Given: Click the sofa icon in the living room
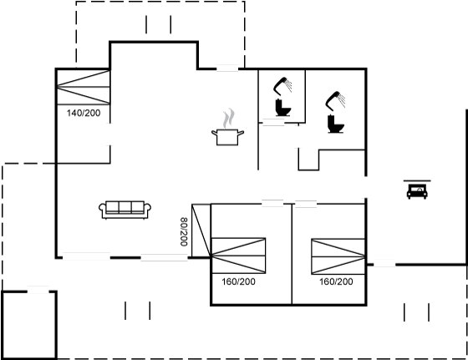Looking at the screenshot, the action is (125, 210).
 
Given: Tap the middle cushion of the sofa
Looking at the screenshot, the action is (125, 206).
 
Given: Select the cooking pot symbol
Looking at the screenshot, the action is (227, 137).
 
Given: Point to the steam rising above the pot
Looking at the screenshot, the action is (229, 118).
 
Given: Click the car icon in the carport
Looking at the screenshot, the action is (417, 191).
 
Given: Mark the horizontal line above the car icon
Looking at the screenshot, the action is (417, 180).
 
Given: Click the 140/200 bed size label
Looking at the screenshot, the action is (84, 113).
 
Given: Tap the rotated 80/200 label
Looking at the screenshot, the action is (184, 231).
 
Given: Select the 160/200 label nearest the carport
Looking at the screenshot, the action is (336, 281).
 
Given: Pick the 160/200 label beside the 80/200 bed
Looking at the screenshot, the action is (238, 281).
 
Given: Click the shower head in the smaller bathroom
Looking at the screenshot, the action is (282, 84).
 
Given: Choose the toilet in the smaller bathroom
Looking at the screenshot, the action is (283, 108).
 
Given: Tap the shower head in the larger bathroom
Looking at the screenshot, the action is (335, 100).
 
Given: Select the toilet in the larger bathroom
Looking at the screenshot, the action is (336, 124).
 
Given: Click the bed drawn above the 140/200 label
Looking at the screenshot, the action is (84, 87).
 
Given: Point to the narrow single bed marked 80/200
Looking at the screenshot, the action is (201, 231).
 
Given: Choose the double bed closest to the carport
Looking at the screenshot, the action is (338, 256).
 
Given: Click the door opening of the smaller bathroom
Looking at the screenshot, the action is (273, 122).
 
